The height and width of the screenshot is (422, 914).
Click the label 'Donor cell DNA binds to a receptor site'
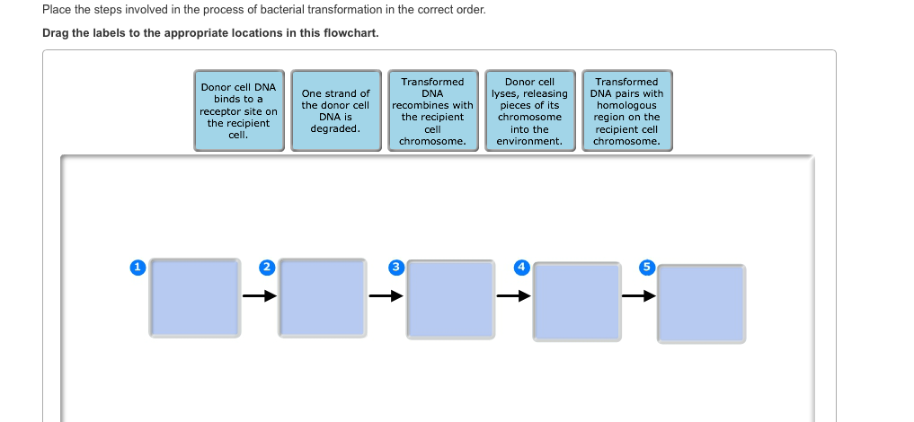[x=238, y=110]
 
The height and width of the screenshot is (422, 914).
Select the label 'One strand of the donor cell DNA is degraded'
[x=335, y=110]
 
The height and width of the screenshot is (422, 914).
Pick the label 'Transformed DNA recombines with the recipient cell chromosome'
[x=432, y=110]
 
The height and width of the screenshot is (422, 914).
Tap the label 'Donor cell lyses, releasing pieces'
[x=529, y=110]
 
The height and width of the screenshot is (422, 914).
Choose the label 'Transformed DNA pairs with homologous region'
[x=626, y=110]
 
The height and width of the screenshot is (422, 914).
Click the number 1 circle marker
[x=138, y=268]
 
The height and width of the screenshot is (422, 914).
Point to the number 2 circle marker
[x=266, y=268]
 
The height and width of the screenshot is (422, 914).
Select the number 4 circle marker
[x=521, y=268]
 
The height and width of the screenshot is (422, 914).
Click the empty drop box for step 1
[x=195, y=298]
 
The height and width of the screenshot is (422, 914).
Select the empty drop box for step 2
[x=323, y=298]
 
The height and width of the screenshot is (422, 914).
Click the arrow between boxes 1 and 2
[x=258, y=295]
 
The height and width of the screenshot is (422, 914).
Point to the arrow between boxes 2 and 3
[x=385, y=295]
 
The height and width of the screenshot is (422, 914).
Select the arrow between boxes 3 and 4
[x=512, y=295]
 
